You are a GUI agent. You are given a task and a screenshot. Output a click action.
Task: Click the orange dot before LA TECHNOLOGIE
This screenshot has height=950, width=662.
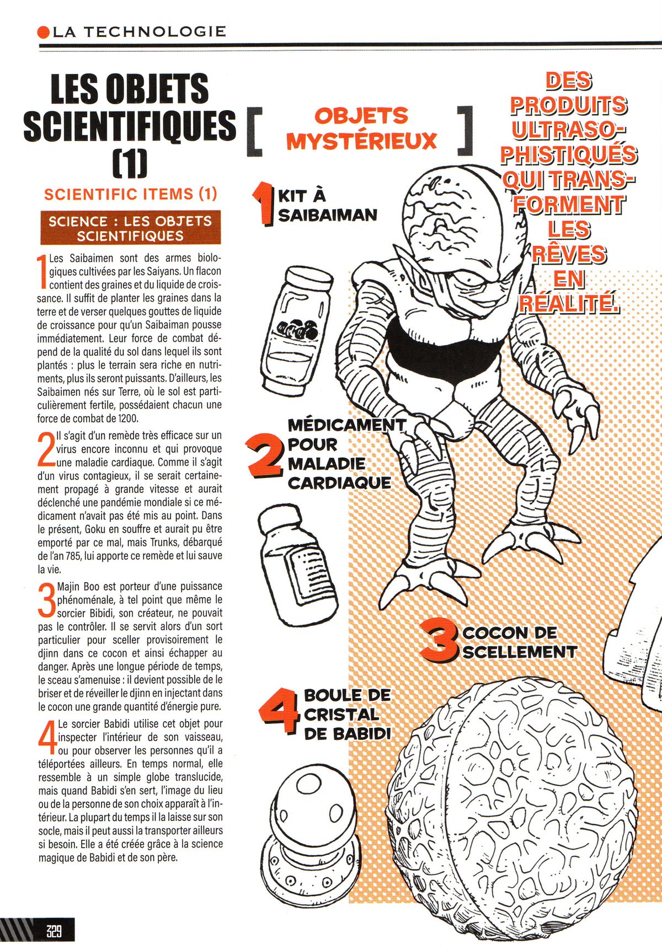pos(44,32)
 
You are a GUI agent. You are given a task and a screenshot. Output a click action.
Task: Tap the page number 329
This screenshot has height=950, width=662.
pos(54,931)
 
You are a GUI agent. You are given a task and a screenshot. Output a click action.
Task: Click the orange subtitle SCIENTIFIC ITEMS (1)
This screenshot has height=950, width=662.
pos(131,194)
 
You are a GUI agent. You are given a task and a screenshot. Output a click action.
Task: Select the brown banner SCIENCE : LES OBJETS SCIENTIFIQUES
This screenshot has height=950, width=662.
pos(130,228)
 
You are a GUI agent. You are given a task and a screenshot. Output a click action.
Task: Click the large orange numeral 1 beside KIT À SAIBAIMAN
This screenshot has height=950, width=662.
pos(264,203)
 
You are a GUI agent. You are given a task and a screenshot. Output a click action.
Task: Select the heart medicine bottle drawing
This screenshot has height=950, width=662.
pos(297,563)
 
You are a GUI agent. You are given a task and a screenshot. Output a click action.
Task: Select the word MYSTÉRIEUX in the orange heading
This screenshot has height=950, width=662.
pos(361,141)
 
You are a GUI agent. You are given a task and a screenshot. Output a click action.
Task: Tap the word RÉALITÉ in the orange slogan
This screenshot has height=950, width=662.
pos(567,303)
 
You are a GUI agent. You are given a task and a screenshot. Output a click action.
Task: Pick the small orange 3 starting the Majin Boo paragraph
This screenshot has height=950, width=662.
pos(47,599)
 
